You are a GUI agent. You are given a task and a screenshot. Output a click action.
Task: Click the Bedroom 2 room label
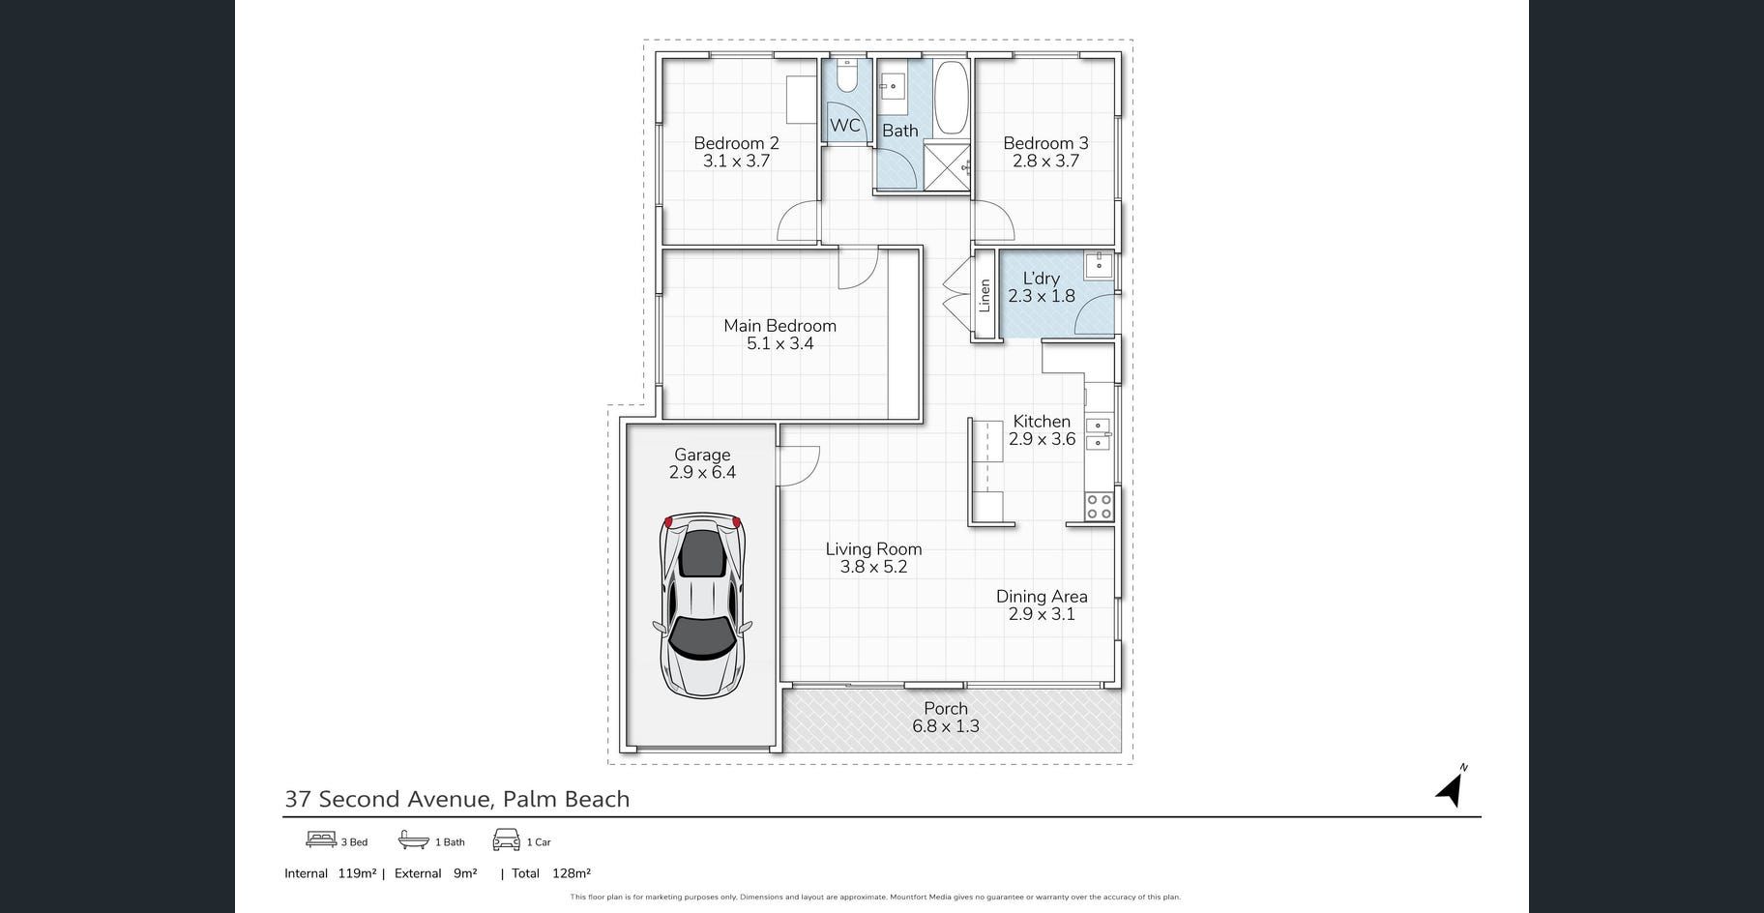736,143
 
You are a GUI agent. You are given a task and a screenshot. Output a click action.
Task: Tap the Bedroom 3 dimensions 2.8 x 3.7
1045,161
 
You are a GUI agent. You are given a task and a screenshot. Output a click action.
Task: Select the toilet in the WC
846,75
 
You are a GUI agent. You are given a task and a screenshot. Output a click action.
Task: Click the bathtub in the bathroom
951,99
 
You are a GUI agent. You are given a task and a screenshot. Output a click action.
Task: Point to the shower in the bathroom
947,166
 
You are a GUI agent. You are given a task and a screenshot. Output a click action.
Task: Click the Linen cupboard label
985,295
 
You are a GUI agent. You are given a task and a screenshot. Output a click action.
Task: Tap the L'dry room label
1041,279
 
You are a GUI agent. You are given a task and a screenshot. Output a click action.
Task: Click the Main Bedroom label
779,326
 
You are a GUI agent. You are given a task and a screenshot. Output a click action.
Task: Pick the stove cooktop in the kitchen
1099,507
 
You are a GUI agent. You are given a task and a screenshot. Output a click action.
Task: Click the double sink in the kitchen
1098,434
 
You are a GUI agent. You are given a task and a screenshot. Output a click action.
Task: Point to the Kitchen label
1042,421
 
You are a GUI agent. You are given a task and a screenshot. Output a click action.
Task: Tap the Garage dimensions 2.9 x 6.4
702,472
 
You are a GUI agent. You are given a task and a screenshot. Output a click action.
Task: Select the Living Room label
873,549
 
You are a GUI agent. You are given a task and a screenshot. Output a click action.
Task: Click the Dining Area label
1042,597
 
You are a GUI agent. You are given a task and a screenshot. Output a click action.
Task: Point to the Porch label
946,708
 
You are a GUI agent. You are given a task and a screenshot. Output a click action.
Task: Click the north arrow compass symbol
1451,787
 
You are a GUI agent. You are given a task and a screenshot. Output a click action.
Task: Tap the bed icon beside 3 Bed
321,839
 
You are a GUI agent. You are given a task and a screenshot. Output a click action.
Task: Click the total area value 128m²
571,873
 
